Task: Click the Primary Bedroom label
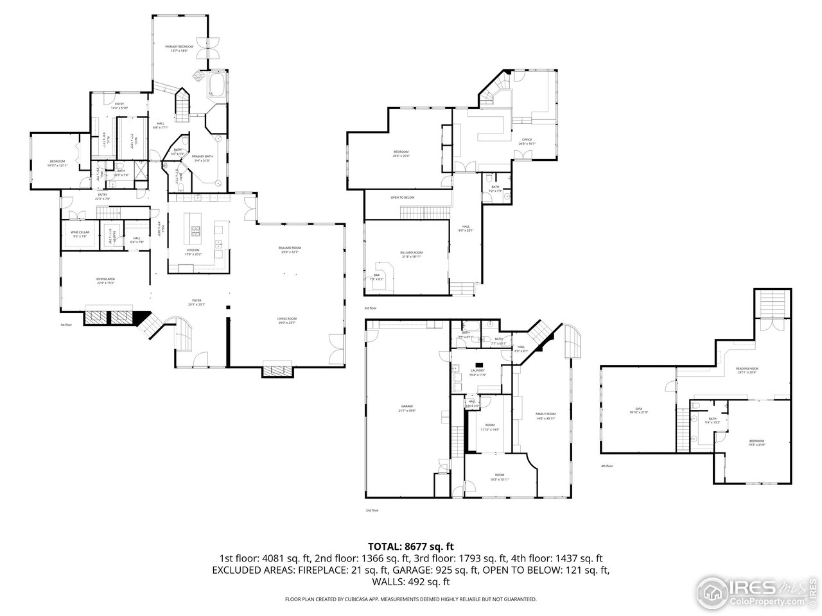click(180, 47)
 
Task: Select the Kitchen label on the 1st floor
click(193, 250)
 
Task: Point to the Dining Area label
click(105, 279)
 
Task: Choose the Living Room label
click(286, 319)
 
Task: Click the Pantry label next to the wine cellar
click(110, 235)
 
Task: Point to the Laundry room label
click(477, 370)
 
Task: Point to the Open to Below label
click(402, 198)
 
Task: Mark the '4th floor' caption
click(606, 466)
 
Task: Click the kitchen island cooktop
click(195, 230)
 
